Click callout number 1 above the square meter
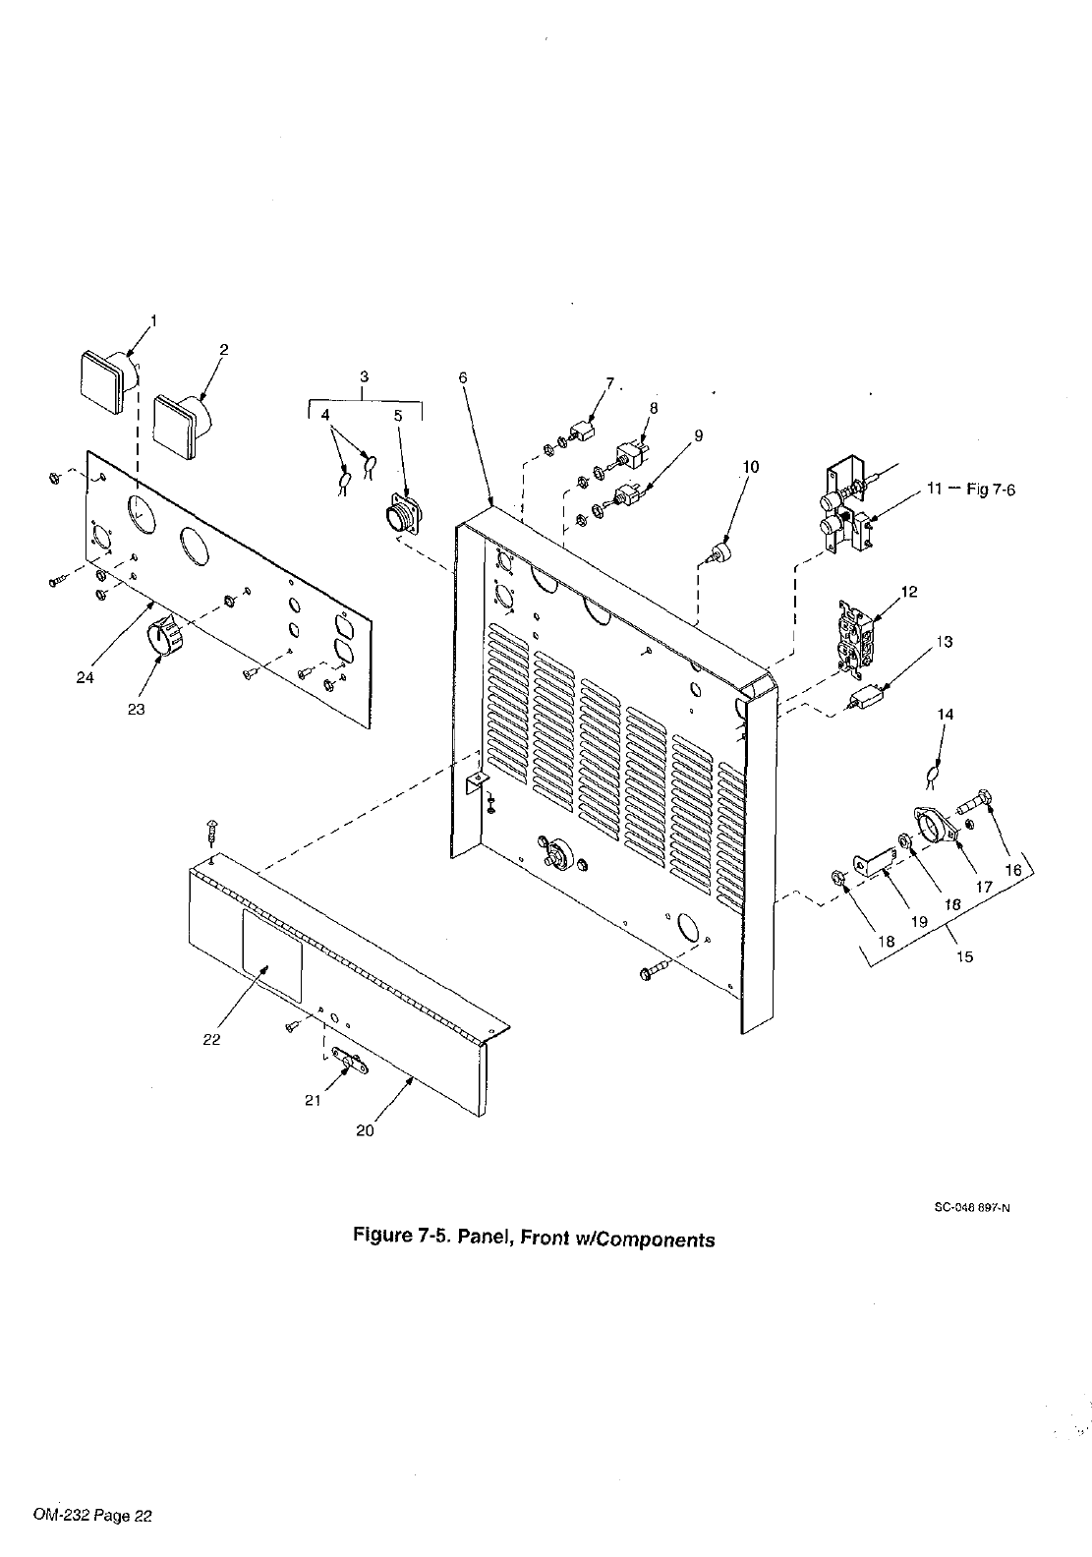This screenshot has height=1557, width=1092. coord(152,319)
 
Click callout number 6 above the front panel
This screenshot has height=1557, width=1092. coord(463,377)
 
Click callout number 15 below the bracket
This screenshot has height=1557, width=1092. coord(964,956)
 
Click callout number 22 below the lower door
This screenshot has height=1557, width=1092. coord(212,1039)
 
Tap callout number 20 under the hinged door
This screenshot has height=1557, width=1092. coord(365,1130)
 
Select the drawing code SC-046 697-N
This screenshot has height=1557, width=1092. coord(971,1212)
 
